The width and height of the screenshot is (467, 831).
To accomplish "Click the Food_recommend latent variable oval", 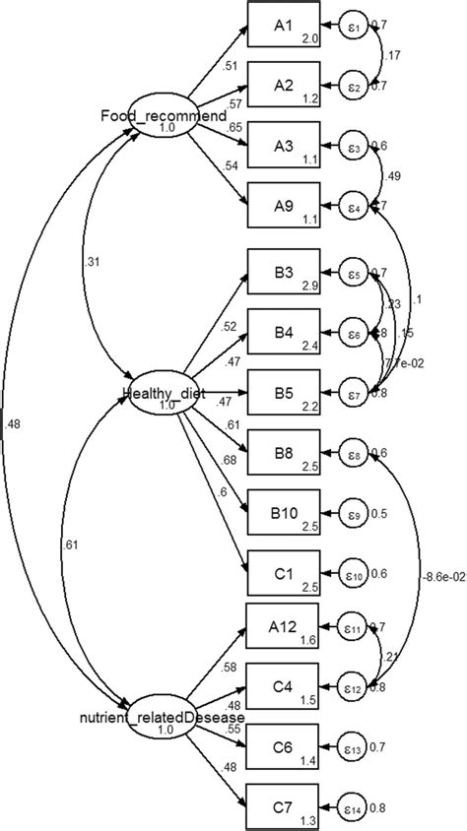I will pos(159,123).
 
